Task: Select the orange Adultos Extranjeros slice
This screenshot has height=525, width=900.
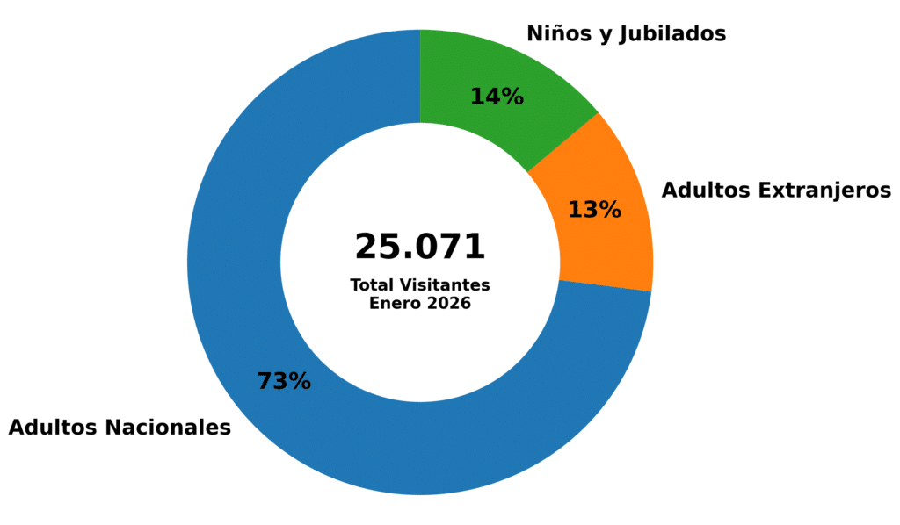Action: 606,237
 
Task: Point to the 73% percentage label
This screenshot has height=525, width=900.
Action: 284,382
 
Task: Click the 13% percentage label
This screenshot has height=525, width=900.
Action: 594,210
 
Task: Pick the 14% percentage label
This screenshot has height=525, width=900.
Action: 497,97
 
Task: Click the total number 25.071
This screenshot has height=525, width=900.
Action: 419,247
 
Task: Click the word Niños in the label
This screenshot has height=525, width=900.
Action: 555,33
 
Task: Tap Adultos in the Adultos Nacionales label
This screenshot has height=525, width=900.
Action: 53,428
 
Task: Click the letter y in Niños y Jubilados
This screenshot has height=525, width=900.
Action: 601,35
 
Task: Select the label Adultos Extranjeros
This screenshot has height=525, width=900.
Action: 776,190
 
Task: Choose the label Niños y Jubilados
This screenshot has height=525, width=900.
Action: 626,34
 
